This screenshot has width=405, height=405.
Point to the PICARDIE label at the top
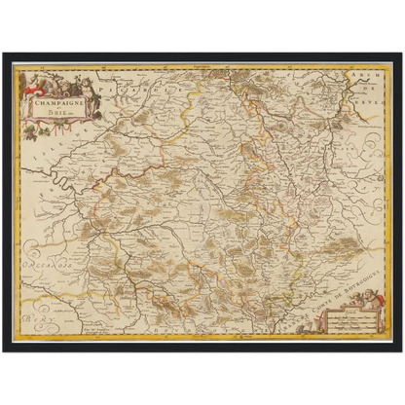[x=146, y=86]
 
